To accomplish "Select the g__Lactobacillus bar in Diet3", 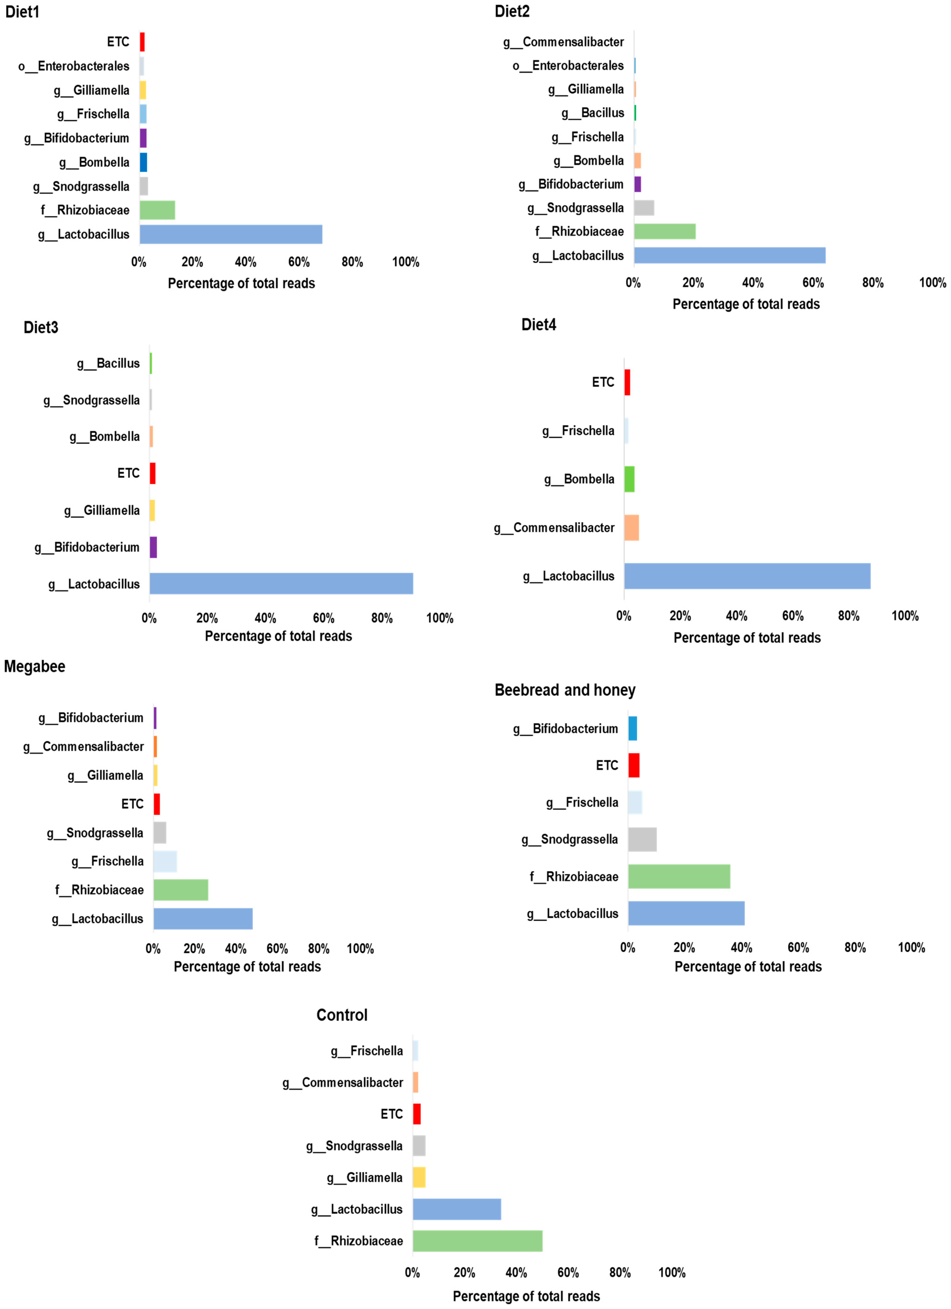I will point(281,583).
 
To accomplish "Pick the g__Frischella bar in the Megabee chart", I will point(165,861).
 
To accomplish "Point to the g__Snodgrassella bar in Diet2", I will point(644,208).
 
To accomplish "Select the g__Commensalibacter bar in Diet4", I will point(631,527).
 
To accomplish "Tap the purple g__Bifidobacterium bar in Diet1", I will point(143,138).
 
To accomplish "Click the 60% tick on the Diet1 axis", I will point(299,262).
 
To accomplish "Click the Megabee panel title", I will point(35,667).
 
